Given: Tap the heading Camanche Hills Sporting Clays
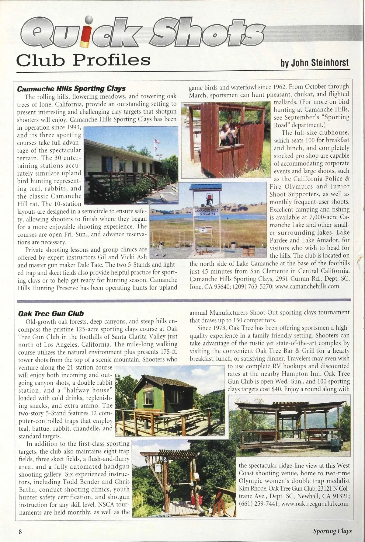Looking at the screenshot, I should pyautogui.click(x=71, y=89).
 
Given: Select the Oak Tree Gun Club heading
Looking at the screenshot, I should pyautogui.click(x=51, y=313).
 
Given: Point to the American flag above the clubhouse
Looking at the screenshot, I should pyautogui.click(x=157, y=141).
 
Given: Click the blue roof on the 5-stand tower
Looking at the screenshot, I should pyautogui.click(x=206, y=187).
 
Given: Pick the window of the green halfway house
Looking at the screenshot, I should pyautogui.click(x=148, y=397).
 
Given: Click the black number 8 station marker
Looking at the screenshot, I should pyautogui.click(x=165, y=459).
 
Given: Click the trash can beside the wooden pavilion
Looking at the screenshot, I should pyautogui.click(x=335, y=445).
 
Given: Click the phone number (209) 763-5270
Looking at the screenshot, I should pyautogui.click(x=252, y=286).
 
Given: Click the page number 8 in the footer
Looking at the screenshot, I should pyautogui.click(x=20, y=531).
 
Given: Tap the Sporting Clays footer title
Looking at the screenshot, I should pyautogui.click(x=332, y=531).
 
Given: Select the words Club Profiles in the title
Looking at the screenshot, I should pyautogui.click(x=83, y=60).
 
